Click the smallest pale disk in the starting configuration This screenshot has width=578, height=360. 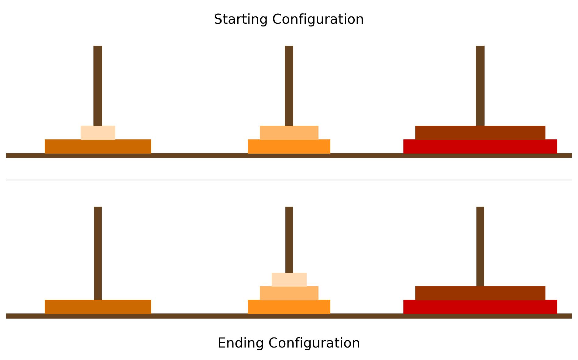point(98,133)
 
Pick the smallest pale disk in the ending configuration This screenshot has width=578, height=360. point(289,279)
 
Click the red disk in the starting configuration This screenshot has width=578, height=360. point(480,146)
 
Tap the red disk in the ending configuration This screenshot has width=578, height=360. point(480,307)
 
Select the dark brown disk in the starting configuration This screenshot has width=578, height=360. point(480,133)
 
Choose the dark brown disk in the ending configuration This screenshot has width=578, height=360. point(480,293)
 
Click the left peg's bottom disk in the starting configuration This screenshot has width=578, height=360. point(98,146)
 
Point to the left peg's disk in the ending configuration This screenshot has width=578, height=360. point(98,307)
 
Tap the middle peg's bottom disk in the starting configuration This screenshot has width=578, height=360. point(289,146)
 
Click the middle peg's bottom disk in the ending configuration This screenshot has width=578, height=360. point(289,307)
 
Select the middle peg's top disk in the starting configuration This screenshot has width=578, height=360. point(289,133)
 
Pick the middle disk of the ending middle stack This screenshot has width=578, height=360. point(289,293)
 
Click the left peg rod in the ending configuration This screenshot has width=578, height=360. point(98,253)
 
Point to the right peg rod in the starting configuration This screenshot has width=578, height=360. point(480,85)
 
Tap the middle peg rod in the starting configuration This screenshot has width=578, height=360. point(289,85)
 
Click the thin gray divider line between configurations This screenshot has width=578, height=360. point(289,180)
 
